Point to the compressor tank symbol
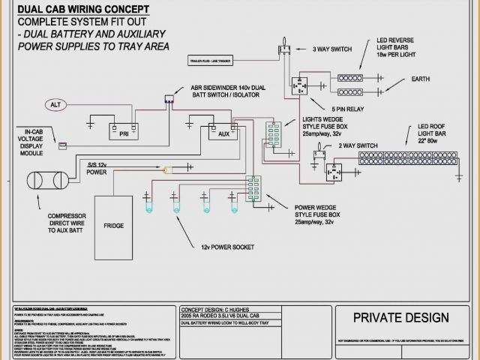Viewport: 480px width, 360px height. pyautogui.click(x=46, y=181)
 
